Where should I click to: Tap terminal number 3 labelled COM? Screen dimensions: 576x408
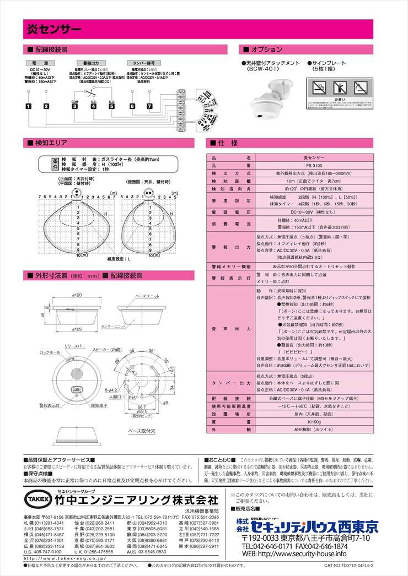click(74, 106)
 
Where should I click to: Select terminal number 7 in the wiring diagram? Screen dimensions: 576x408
click(149, 106)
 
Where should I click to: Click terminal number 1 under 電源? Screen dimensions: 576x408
click(28, 106)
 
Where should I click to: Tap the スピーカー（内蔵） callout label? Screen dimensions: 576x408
click(108, 349)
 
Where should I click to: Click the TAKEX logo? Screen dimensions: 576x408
click(37, 499)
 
